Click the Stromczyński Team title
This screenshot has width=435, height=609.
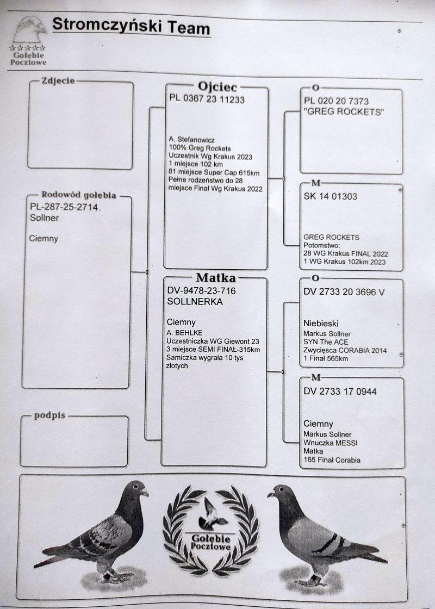[x=131, y=27]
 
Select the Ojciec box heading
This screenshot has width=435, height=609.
[x=217, y=86]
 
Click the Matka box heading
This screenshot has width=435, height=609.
[x=215, y=278]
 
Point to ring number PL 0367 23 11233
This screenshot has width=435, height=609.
[x=207, y=99]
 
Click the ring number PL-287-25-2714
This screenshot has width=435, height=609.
[x=64, y=207]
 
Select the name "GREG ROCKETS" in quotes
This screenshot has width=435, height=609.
[x=344, y=112]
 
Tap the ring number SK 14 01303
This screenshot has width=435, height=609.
[x=331, y=196]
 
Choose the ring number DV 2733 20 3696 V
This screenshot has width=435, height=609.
[x=344, y=292]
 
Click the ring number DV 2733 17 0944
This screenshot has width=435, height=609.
[x=340, y=391]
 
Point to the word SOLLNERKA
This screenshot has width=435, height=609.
[x=195, y=302]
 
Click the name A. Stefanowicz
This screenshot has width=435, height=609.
[x=191, y=139]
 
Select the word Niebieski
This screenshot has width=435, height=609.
[x=321, y=323]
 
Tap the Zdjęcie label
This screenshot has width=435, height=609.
[x=58, y=81]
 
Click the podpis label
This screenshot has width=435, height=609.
[x=49, y=415]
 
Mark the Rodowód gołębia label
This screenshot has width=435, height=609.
[x=79, y=195]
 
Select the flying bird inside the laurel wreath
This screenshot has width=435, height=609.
[x=212, y=514]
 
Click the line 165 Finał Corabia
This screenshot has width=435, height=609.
[x=332, y=460]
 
